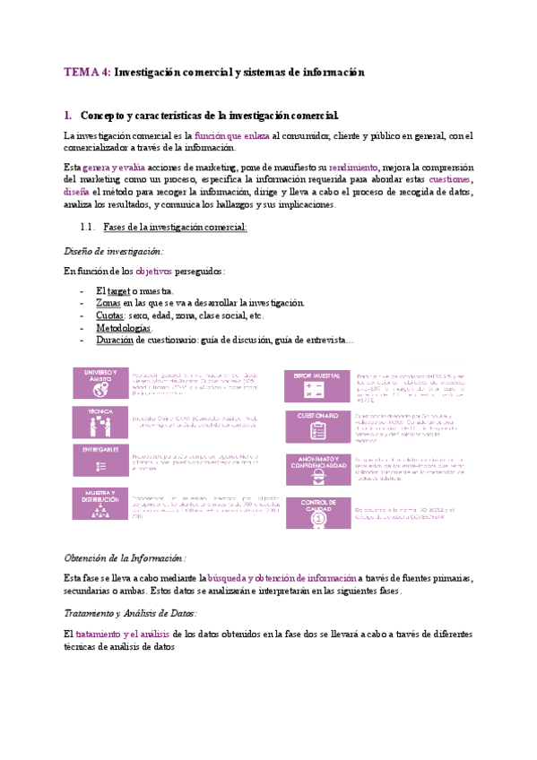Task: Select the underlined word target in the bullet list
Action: pos(118,290)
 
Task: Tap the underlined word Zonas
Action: pos(108,303)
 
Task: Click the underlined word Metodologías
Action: pos(123,328)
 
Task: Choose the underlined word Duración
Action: pos(113,341)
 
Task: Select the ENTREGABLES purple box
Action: pos(100,460)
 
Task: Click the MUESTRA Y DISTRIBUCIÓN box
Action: pos(100,502)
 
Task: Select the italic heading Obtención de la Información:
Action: pos(120,557)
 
